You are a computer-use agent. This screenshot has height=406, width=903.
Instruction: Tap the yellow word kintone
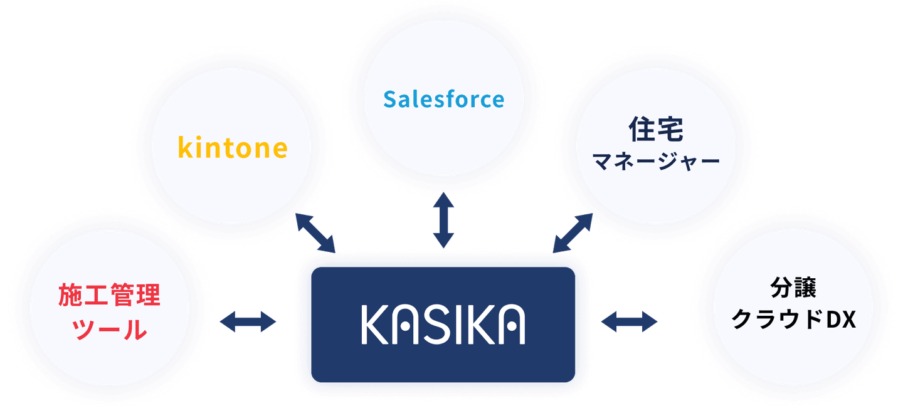click(233, 148)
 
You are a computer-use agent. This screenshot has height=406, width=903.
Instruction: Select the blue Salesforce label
click(443, 99)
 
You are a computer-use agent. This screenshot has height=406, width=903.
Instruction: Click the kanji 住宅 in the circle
click(655, 130)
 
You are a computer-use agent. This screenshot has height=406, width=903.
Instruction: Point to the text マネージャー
click(656, 163)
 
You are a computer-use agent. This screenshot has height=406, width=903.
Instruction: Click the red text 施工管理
click(110, 295)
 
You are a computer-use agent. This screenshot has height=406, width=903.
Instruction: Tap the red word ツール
click(110, 330)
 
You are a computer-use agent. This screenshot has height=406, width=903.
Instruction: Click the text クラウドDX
click(794, 321)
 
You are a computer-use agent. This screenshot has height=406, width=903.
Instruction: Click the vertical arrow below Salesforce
click(443, 221)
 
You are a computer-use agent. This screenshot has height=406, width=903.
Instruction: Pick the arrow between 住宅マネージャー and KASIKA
click(573, 232)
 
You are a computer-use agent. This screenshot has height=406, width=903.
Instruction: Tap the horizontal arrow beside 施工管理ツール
click(248, 322)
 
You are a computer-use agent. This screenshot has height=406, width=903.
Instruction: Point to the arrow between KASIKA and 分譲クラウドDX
click(629, 322)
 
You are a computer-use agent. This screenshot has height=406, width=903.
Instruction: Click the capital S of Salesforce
click(390, 99)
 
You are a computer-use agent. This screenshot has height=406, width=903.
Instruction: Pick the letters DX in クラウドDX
click(840, 321)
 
